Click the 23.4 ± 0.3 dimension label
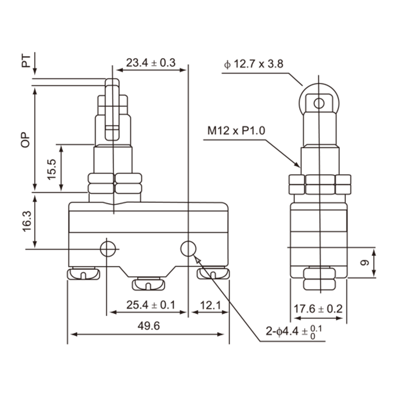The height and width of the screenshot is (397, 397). [151, 63]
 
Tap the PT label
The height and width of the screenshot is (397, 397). [26, 61]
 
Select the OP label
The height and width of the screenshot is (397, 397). [25, 139]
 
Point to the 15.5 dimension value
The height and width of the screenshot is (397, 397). [52, 169]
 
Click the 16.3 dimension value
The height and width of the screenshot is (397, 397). [27, 221]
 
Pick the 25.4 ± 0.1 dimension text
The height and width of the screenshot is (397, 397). [151, 305]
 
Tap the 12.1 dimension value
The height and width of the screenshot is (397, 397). [210, 305]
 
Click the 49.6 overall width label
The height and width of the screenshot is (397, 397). [148, 326]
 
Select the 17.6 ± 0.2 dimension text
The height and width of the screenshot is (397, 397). [318, 309]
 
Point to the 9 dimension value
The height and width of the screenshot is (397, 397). [365, 263]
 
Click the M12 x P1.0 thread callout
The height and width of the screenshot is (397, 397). [236, 131]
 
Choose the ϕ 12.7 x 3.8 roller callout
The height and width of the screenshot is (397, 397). [254, 64]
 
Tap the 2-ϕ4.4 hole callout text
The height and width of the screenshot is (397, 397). [294, 331]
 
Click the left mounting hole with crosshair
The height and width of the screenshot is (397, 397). [108, 249]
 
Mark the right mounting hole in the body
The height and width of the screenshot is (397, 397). [189, 249]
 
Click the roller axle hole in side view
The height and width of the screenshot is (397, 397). [319, 103]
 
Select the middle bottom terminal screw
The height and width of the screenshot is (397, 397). [148, 284]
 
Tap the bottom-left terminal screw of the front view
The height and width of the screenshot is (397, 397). [83, 273]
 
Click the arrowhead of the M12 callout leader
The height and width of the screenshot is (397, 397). [297, 165]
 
